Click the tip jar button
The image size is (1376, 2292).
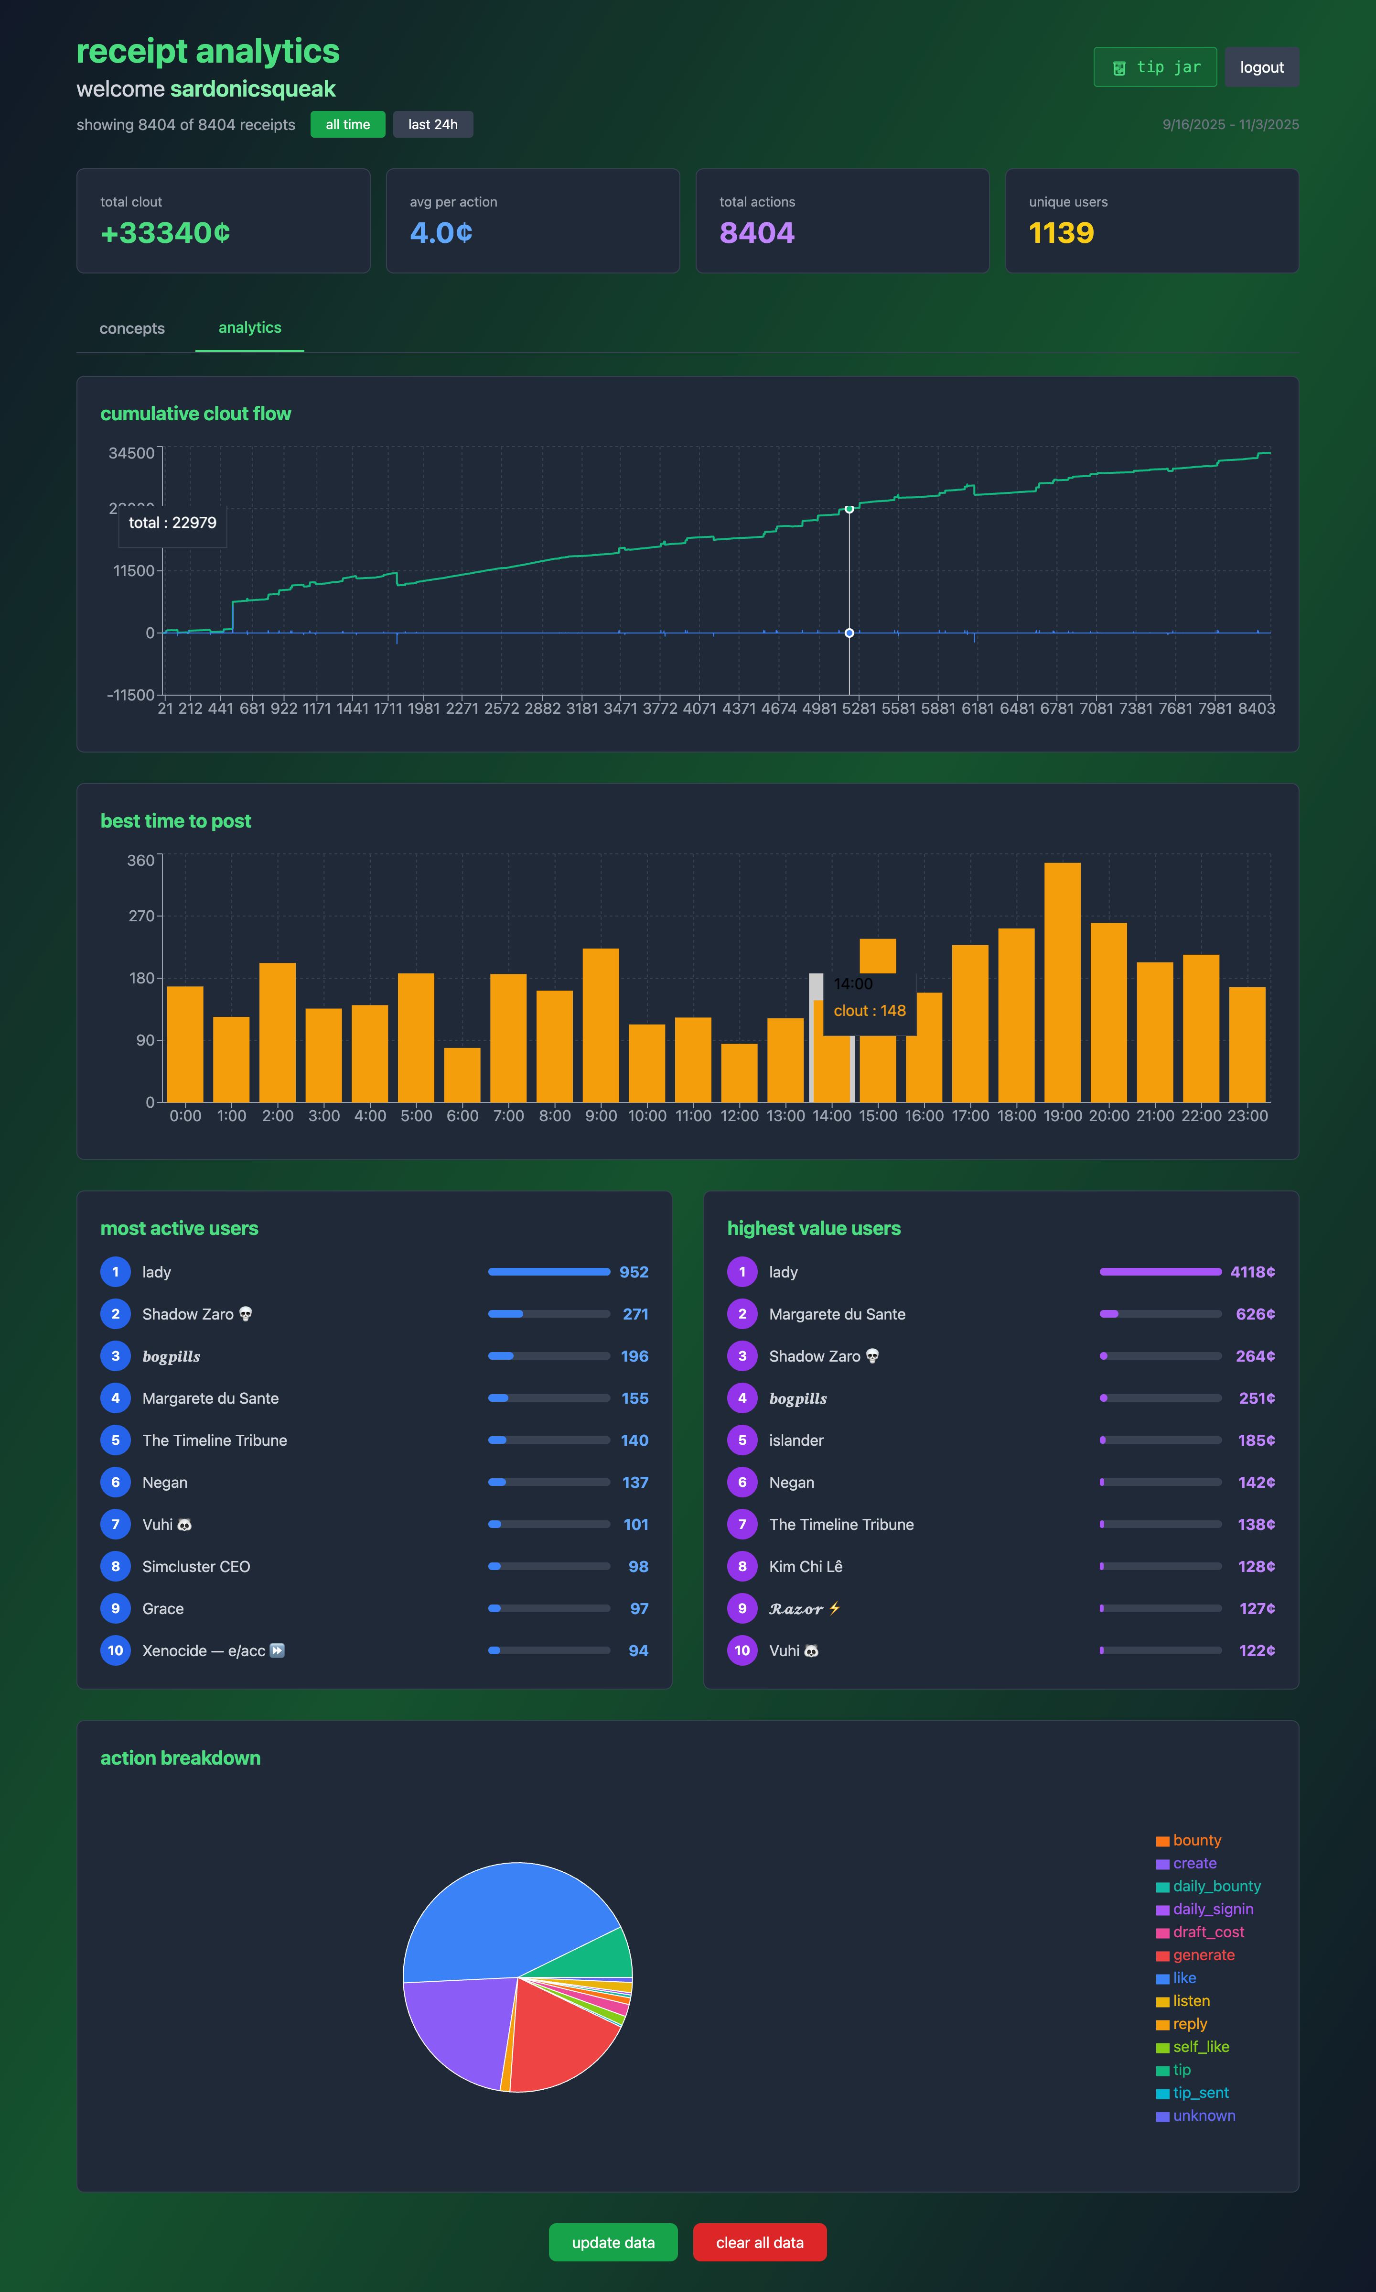point(1154,67)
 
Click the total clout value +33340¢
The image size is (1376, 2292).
point(165,233)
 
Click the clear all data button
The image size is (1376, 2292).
point(759,2242)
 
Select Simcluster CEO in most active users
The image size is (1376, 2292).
point(195,1567)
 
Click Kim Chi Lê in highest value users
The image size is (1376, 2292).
point(805,1567)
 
